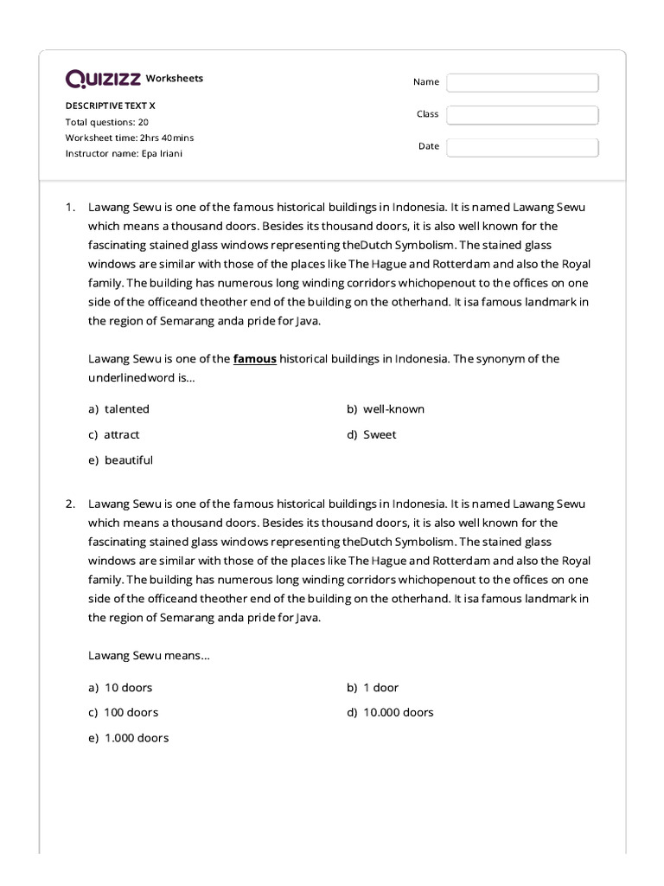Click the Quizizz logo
point(103,80)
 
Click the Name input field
point(522,82)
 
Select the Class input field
point(522,115)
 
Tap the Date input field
point(522,147)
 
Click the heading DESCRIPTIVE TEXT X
point(111,106)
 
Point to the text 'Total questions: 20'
point(107,122)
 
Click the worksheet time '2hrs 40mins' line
point(130,138)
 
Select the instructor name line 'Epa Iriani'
point(124,153)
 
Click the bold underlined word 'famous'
point(255,359)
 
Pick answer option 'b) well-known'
point(386,409)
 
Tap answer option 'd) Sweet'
point(372,434)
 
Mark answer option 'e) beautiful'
point(120,460)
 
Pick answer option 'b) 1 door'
point(373,688)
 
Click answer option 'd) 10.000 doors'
point(390,713)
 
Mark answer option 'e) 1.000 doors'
point(128,738)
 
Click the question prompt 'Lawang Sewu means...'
point(149,656)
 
